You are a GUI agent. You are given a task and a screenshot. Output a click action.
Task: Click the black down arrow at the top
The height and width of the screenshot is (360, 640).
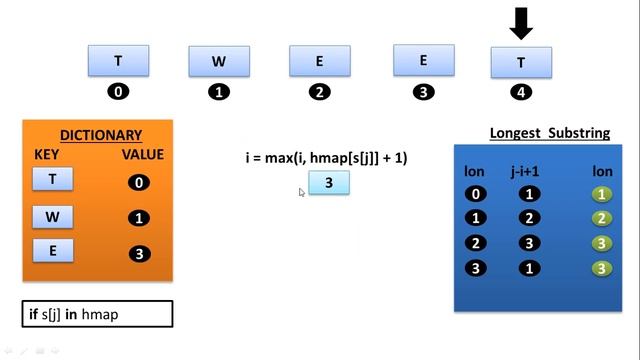coord(521,21)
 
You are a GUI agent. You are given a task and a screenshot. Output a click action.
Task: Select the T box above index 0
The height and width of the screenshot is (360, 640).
coord(118,60)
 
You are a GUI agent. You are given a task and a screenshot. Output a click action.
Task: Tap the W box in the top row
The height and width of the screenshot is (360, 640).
coord(219,61)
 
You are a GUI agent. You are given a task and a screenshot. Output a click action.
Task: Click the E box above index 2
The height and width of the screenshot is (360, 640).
coord(320,61)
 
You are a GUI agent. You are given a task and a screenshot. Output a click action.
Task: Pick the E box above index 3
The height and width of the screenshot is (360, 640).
coord(423,60)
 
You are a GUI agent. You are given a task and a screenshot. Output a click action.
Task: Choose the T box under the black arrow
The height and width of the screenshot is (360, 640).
coord(521,62)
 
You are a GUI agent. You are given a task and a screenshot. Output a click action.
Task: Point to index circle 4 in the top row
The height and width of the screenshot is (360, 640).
coord(521,92)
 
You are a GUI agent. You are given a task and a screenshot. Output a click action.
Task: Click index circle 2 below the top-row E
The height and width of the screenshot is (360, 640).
coord(320,92)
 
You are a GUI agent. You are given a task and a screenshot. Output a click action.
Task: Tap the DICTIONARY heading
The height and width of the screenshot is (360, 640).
coord(101,135)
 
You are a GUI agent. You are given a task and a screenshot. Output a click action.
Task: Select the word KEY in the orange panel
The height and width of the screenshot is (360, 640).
coord(47,155)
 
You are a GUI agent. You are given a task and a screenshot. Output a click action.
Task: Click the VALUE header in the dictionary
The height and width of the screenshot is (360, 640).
coord(142,155)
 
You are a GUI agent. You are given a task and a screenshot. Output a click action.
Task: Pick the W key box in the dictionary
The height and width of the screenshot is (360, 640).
coord(53,215)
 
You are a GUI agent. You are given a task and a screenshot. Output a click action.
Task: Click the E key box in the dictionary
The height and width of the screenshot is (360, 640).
coord(53,251)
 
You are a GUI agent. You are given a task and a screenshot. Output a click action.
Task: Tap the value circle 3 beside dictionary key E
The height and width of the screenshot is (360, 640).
coord(140,253)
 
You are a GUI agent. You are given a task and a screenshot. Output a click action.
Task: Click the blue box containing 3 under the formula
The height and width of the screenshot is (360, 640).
coord(329,184)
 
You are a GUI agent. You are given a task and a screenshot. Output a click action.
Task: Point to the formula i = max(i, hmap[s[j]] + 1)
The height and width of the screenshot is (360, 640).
coord(326,158)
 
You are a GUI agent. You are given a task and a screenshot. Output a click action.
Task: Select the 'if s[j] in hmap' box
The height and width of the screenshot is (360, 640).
coord(98,314)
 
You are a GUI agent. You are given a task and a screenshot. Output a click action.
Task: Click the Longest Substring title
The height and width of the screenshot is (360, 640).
coord(550,134)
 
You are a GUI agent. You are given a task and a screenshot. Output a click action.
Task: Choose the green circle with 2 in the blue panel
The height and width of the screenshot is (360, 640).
coord(601,218)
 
